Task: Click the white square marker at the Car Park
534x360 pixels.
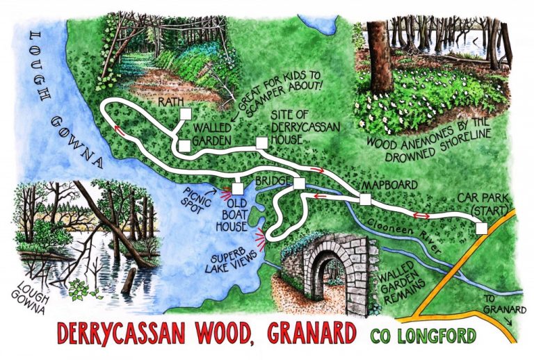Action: tap(480, 229)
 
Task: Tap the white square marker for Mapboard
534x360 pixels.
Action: tap(365, 200)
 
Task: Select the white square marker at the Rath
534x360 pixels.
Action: tap(186, 114)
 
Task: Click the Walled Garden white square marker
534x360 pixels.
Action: tap(184, 146)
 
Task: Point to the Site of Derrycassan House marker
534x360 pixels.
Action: tap(261, 144)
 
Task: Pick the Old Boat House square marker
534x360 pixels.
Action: tap(238, 188)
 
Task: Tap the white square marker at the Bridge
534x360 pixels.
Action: tap(300, 183)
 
